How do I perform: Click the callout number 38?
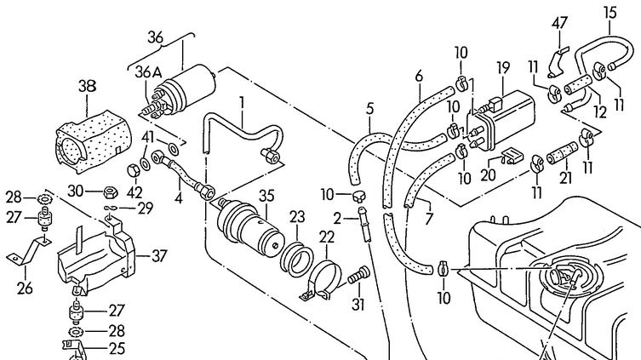tap(88, 86)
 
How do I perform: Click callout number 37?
tap(158, 254)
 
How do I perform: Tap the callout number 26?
tap(23, 288)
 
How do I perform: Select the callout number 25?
tap(116, 349)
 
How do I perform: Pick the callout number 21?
tap(564, 179)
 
